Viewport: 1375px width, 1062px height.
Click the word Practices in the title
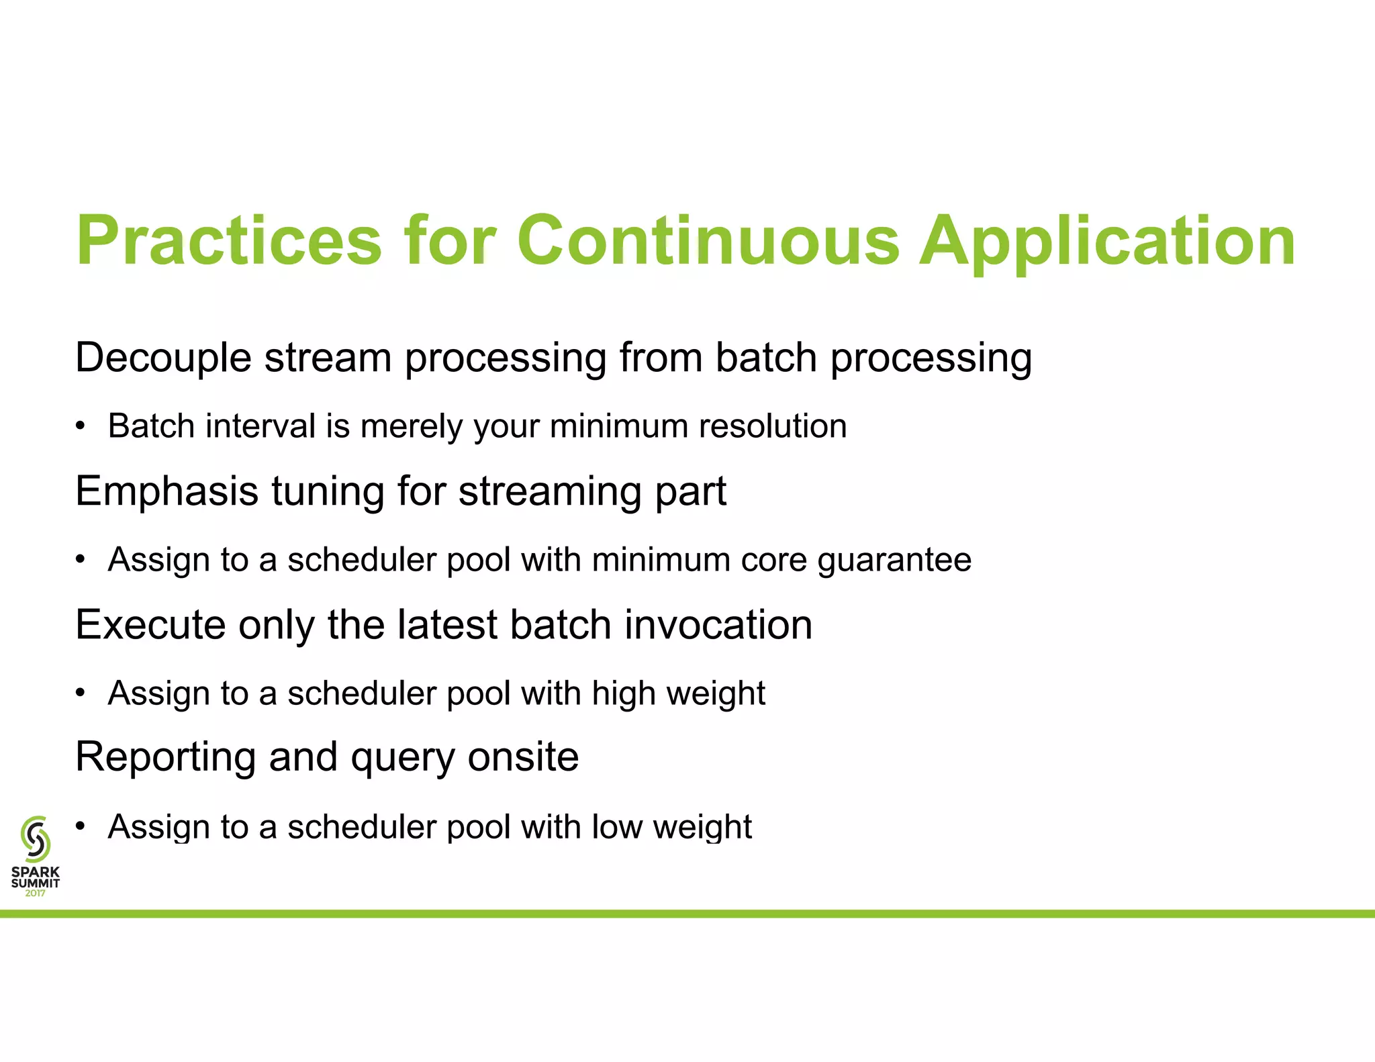tap(229, 240)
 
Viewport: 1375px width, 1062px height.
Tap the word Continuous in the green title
tap(708, 240)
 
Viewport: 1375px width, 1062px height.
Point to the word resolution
tap(772, 426)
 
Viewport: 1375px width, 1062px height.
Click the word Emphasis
tap(167, 492)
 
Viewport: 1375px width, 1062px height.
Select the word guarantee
tap(894, 561)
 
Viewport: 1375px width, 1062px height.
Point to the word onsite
tap(523, 757)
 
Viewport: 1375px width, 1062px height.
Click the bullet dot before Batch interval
tap(81, 426)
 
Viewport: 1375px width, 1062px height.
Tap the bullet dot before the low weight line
tap(81, 826)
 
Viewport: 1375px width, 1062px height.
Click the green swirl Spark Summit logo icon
tap(36, 838)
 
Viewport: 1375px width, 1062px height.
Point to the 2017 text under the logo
tap(35, 894)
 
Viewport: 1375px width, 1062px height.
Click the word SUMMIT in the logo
tap(35, 883)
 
